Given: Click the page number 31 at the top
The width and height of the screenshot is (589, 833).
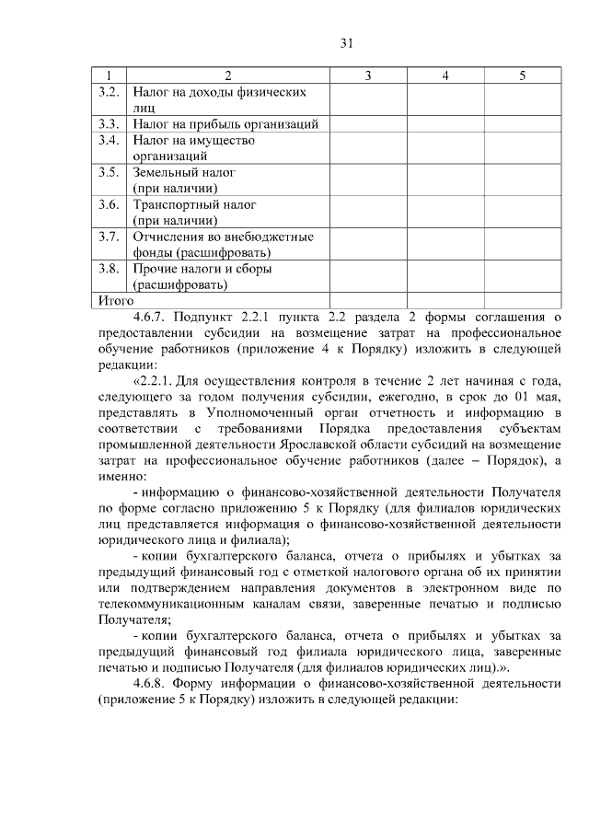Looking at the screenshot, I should click(346, 43).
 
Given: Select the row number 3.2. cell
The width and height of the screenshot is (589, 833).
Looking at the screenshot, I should click(110, 92).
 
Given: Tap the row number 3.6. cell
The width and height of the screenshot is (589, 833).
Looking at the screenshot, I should click(110, 204).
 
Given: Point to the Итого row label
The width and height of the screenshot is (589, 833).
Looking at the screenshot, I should click(116, 300).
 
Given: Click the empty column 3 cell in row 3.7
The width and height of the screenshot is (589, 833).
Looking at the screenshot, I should click(367, 245).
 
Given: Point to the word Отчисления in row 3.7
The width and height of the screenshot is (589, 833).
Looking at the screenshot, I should click(168, 237).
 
